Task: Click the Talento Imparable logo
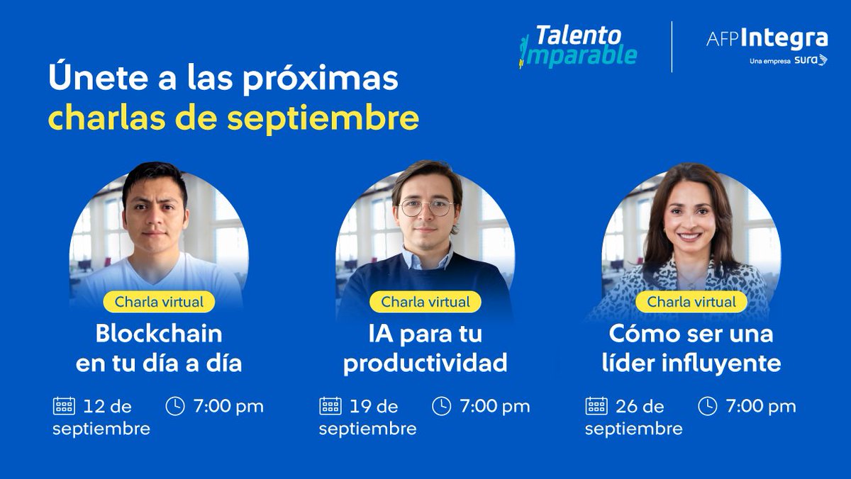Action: click(577, 46)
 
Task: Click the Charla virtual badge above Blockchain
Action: click(159, 302)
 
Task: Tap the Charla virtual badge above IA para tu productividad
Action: click(425, 302)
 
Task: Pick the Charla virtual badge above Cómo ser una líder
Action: click(691, 302)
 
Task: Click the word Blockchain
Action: click(159, 333)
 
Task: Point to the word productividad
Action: click(425, 364)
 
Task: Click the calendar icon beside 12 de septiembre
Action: click(64, 406)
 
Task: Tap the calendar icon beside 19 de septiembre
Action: click(330, 406)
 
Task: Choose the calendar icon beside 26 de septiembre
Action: click(596, 406)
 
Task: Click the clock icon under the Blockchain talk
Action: click(175, 406)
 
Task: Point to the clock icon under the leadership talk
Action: click(708, 406)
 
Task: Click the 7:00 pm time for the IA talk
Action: click(494, 407)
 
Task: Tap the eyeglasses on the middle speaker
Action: click(426, 208)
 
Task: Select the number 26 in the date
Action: click(628, 407)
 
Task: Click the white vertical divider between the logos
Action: click(672, 46)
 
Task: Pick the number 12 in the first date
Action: click(94, 407)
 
